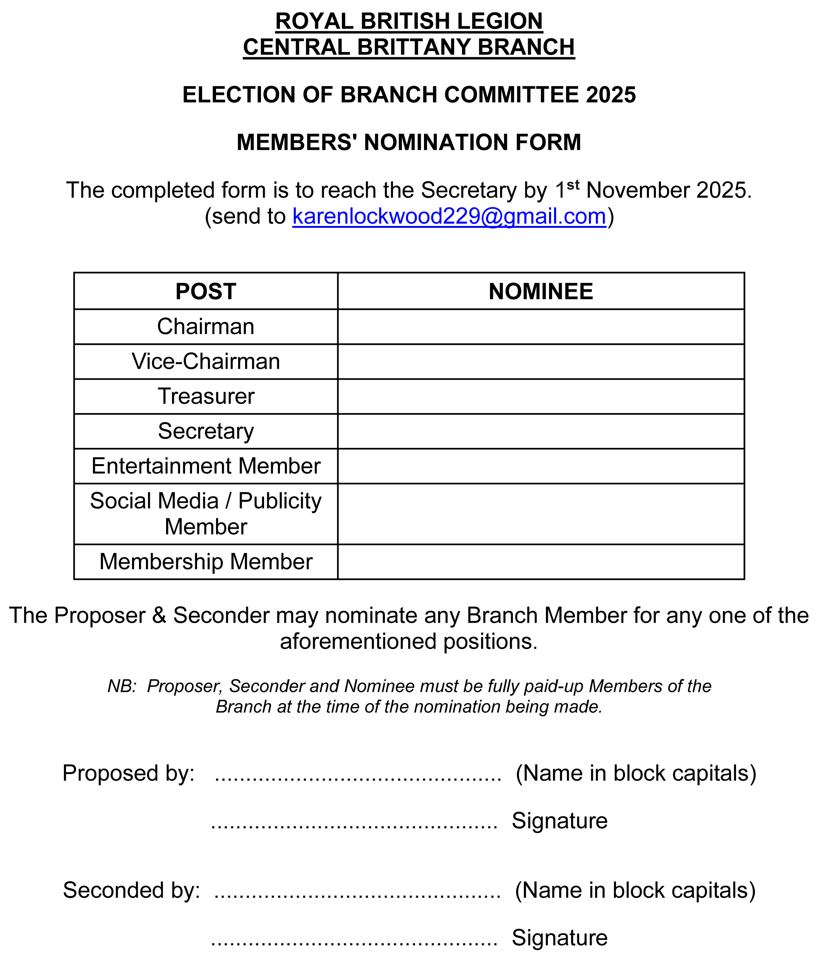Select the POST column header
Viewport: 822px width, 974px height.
[x=206, y=292]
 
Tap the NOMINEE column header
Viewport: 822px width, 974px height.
[x=541, y=292]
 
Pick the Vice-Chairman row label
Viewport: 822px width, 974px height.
[x=206, y=362]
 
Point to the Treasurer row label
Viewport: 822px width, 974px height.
[x=206, y=397]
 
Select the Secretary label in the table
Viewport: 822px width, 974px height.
[x=206, y=431]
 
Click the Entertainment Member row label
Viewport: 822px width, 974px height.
[x=206, y=466]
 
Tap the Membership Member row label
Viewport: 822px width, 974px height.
[x=206, y=562]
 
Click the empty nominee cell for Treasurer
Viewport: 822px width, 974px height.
[x=541, y=397]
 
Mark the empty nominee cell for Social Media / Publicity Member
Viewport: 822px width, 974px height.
[x=541, y=514]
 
